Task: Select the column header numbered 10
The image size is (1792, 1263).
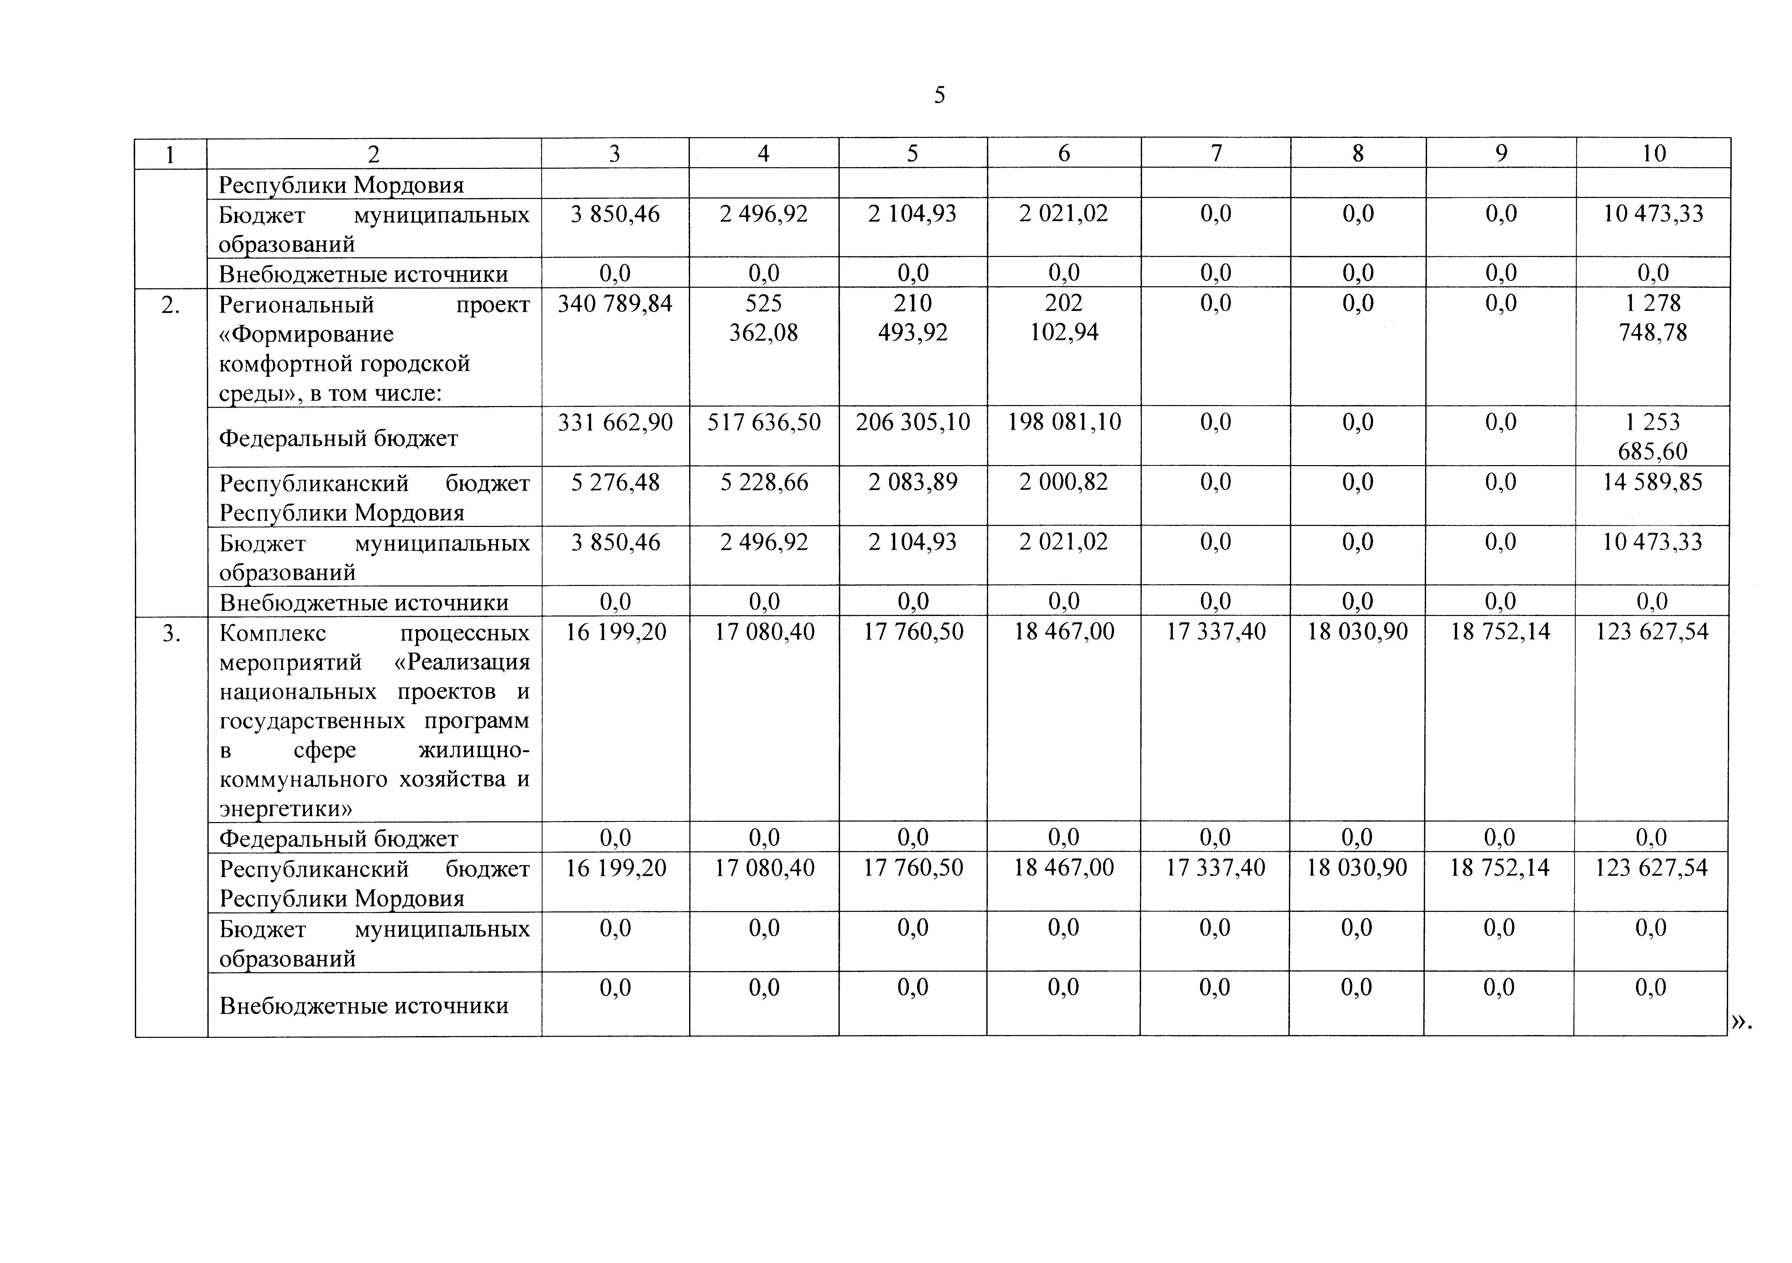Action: pos(1653,154)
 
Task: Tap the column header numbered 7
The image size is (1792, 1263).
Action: pos(1216,154)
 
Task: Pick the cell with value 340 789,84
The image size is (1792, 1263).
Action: pos(615,304)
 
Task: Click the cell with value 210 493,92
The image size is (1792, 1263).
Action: pos(912,318)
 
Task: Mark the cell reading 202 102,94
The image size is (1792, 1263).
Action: pos(1064,318)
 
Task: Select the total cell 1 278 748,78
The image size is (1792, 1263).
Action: pos(1653,318)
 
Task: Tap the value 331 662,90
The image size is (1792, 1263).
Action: pos(615,422)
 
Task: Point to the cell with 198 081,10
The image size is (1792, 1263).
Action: pos(1064,422)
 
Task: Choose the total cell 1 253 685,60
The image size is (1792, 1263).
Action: pos(1653,436)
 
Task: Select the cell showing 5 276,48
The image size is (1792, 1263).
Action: pos(615,482)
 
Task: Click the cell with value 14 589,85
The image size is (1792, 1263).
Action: pos(1653,482)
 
